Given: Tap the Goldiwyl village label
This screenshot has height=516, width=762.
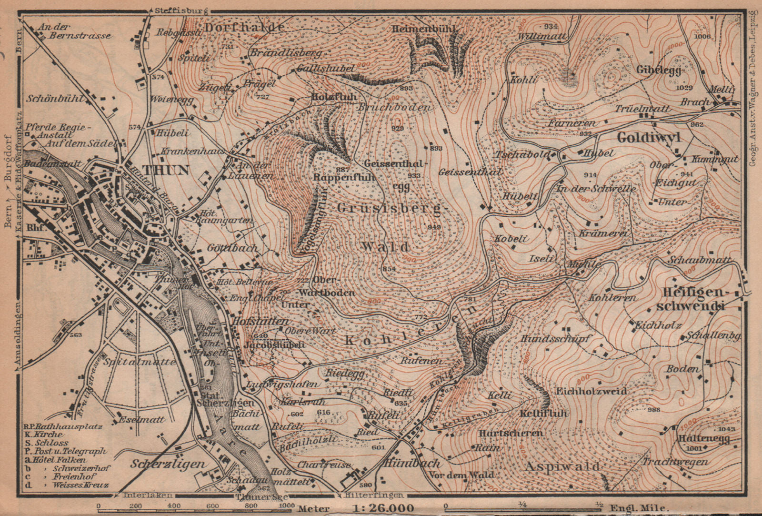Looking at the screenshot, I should [649, 138].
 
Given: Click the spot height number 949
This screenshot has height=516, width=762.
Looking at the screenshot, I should [434, 227].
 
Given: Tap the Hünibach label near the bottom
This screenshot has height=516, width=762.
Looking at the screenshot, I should [407, 463].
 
